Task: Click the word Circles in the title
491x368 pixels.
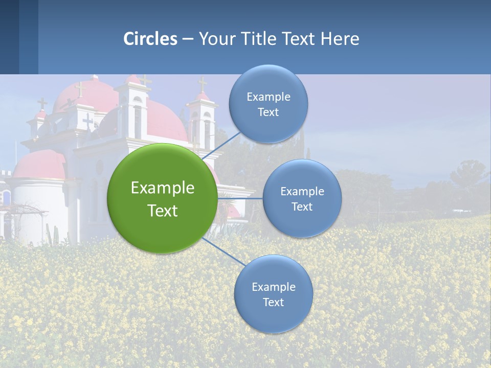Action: click(150, 39)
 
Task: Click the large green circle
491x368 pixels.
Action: click(162, 225)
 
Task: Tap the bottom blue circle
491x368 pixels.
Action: click(273, 317)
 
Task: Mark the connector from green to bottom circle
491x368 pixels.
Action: click(225, 251)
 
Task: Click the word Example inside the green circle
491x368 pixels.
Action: click(162, 188)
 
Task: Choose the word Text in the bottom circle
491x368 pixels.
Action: click(273, 303)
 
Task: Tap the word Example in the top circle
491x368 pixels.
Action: click(268, 97)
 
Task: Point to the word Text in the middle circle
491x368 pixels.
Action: click(302, 206)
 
